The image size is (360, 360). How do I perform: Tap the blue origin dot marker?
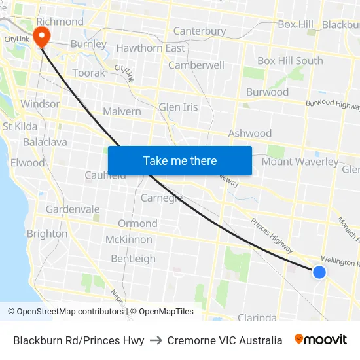[319, 272]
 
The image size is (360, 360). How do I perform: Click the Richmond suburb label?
[60, 22]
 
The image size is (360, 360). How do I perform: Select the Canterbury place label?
[200, 31]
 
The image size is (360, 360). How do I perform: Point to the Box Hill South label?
[290, 61]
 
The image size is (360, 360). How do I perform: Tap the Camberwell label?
[196, 65]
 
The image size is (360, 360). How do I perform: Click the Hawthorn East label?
[151, 48]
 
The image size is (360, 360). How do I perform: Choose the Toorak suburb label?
[88, 73]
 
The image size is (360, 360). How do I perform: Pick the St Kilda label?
[20, 126]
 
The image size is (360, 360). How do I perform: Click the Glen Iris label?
[178, 107]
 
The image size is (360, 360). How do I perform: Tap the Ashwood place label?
[249, 134]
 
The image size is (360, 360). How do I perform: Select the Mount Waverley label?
[300, 162]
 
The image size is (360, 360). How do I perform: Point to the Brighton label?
[47, 234]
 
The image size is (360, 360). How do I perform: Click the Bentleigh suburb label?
[134, 259]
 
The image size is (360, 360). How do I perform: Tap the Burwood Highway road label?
[333, 104]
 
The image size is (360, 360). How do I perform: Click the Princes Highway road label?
[272, 236]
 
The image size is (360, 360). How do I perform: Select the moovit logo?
[321, 340]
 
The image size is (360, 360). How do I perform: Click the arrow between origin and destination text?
[156, 340]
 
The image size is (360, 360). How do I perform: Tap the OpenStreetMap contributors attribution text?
[65, 312]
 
